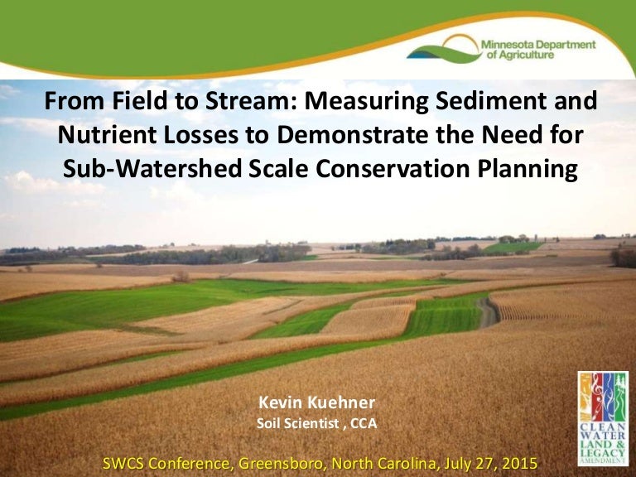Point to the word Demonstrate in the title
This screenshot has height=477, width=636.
coord(353,135)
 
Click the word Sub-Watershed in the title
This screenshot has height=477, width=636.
coord(153,169)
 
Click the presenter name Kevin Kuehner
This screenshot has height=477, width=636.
coord(317,402)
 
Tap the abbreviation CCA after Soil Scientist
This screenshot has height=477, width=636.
coord(364,423)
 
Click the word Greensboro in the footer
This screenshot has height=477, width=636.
coord(283,463)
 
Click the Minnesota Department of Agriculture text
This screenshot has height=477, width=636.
coord(538,50)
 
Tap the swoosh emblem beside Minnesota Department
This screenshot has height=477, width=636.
coord(444,49)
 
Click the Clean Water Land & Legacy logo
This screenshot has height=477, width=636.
coord(603,417)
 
